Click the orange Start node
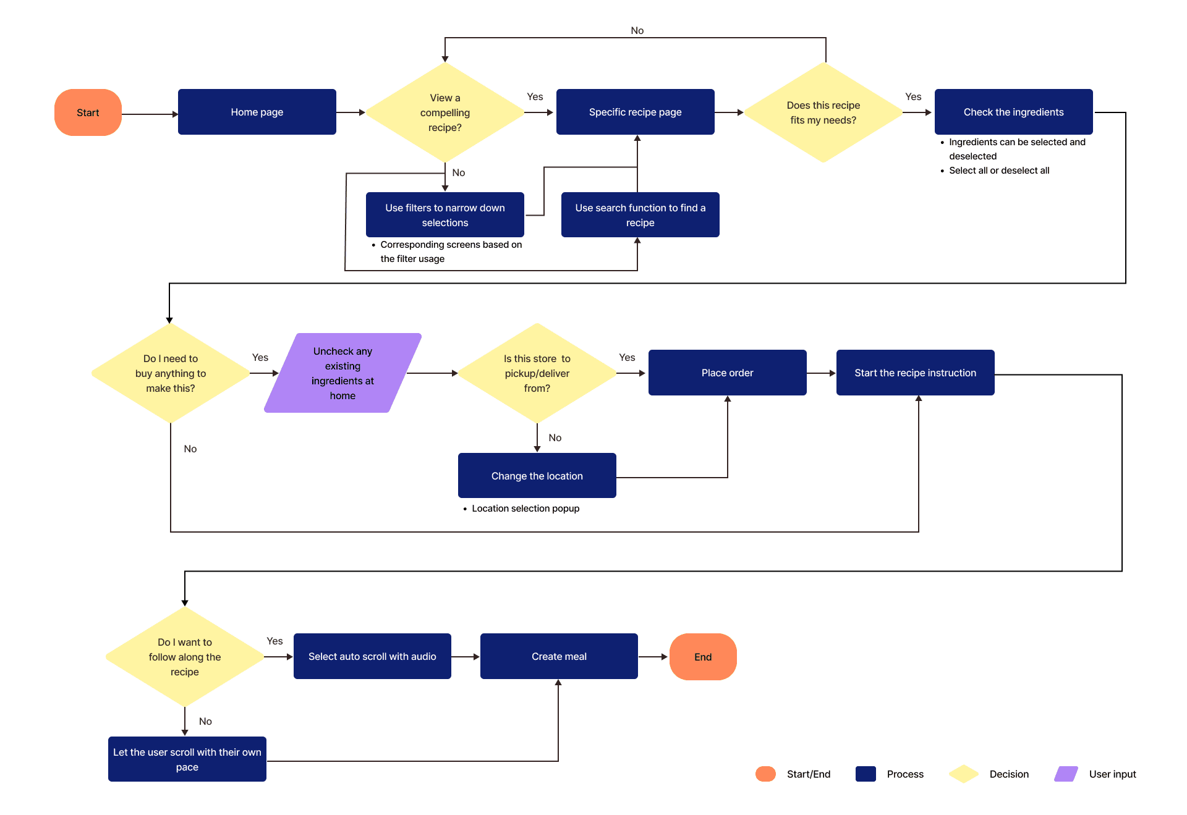tap(88, 112)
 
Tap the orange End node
tap(703, 657)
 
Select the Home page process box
tap(257, 112)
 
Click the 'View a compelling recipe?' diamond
tap(445, 112)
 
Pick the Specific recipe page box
tap(636, 112)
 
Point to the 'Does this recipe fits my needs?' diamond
tap(823, 112)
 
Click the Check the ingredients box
tap(1014, 112)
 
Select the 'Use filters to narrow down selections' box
tap(445, 215)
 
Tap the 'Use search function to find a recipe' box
tap(640, 215)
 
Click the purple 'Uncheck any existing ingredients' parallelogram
tap(342, 373)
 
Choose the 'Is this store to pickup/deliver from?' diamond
tap(537, 373)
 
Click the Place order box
tap(728, 373)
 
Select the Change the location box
tap(537, 476)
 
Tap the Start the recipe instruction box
tap(916, 373)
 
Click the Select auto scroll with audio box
tap(372, 656)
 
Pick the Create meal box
tap(559, 656)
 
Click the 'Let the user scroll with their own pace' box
tap(187, 759)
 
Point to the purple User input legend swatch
tap(1066, 774)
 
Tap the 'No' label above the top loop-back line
tap(637, 30)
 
